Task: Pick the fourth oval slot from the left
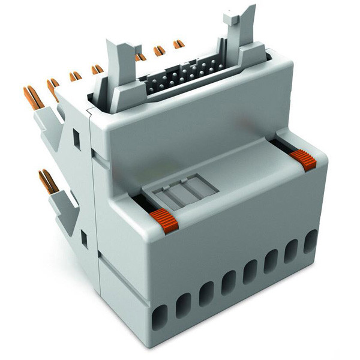point(228,282)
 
